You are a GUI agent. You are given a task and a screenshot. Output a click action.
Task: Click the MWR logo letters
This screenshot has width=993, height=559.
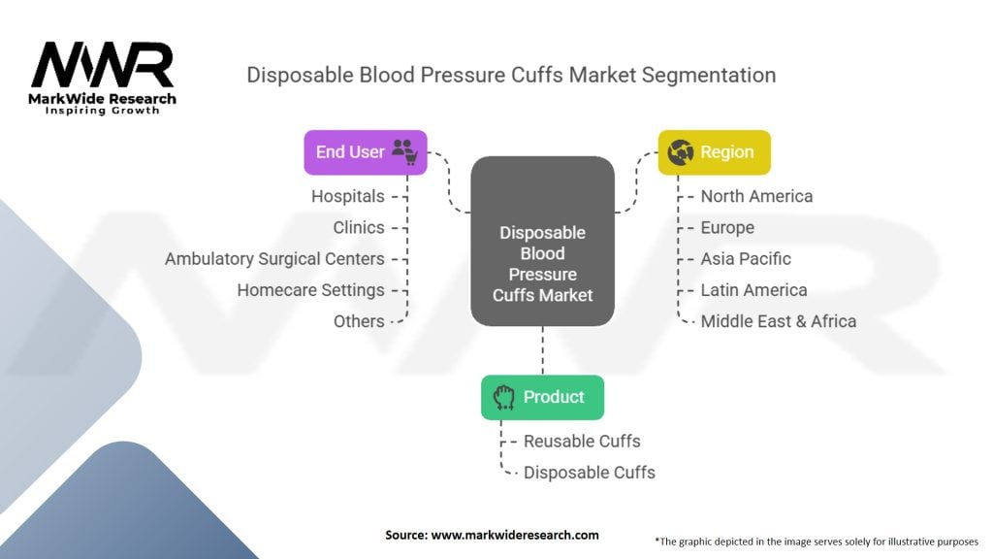point(102,66)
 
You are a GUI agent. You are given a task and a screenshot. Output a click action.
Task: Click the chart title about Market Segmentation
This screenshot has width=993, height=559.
point(511,75)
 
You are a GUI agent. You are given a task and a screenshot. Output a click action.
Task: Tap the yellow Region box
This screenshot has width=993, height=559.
point(715,152)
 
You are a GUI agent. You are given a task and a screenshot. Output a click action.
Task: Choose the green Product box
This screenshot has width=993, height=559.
point(542,397)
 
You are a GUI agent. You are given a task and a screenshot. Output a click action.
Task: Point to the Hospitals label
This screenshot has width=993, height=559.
point(347,196)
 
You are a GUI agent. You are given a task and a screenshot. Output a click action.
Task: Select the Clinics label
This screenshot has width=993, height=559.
point(359,227)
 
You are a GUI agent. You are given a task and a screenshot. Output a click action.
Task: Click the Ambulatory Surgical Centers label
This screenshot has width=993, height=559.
point(274,259)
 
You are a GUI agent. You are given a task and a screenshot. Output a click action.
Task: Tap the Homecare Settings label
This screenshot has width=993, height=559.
point(310,290)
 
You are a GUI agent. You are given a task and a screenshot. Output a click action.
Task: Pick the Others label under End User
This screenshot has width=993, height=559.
point(359,321)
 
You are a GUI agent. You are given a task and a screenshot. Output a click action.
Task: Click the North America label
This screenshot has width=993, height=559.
point(756,196)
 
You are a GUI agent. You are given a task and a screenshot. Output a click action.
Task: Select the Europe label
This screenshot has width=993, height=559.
point(727,227)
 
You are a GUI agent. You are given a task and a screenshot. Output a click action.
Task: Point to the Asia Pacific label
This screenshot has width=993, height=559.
point(746,259)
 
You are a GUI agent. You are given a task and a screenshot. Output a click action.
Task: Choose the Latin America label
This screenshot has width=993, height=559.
point(753,290)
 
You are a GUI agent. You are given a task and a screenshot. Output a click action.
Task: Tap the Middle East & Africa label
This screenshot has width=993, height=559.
point(778,321)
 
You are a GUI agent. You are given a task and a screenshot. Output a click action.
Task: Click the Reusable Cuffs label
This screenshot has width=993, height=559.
point(582,441)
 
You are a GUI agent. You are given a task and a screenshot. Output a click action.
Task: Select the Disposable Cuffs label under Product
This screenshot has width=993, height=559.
point(589,473)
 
